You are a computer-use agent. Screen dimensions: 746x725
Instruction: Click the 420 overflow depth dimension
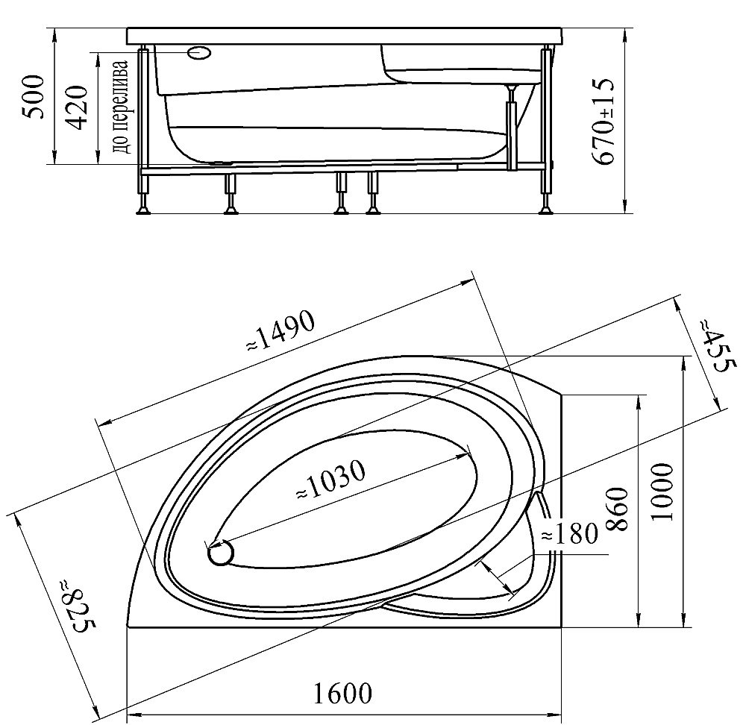(75, 107)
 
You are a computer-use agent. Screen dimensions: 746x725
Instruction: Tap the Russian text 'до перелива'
(120, 107)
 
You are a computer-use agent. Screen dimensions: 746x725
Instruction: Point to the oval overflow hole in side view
(200, 53)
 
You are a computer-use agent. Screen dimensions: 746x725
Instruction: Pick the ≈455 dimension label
(718, 346)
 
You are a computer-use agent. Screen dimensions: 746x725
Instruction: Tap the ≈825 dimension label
(78, 606)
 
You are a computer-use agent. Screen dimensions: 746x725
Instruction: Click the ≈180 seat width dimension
(569, 533)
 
